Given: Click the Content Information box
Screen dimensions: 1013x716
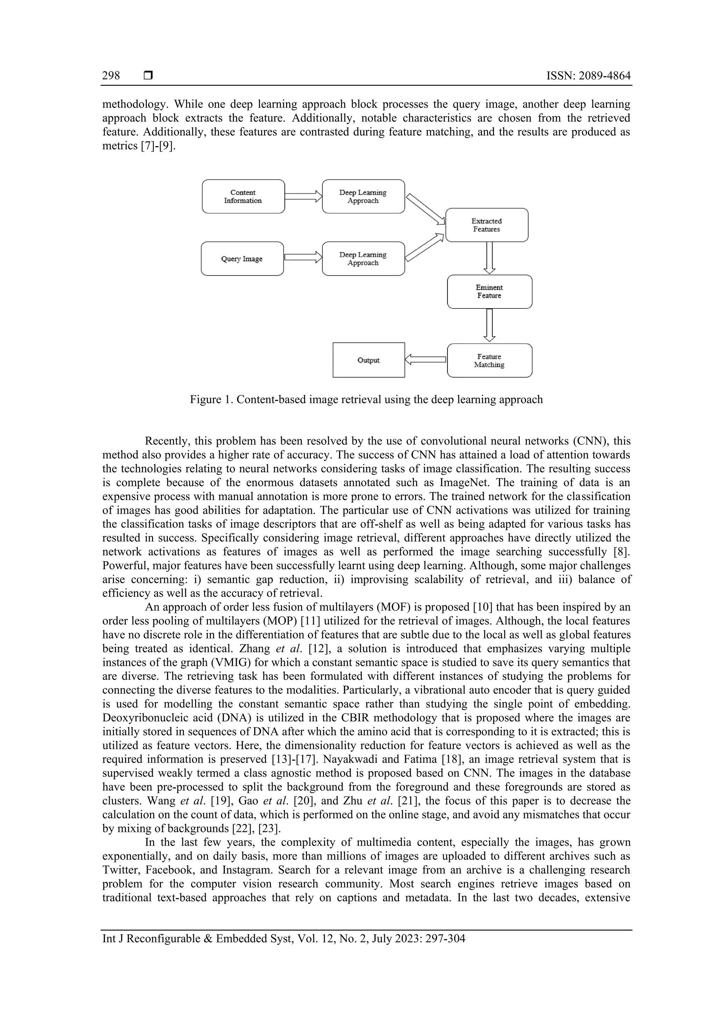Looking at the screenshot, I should point(243,196).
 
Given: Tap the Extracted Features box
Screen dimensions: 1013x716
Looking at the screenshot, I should point(487,225).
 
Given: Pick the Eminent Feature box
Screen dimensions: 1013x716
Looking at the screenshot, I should point(489,292).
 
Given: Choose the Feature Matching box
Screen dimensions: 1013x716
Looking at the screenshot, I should point(489,361).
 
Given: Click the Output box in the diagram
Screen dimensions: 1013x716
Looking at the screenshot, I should point(368,360).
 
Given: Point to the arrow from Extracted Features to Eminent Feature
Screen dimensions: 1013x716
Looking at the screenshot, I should point(489,258).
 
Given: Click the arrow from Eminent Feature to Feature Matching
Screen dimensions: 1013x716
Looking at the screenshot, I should point(489,326).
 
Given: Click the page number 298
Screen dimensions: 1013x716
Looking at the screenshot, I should point(111,76).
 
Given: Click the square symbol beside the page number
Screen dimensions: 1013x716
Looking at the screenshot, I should point(148,76).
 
